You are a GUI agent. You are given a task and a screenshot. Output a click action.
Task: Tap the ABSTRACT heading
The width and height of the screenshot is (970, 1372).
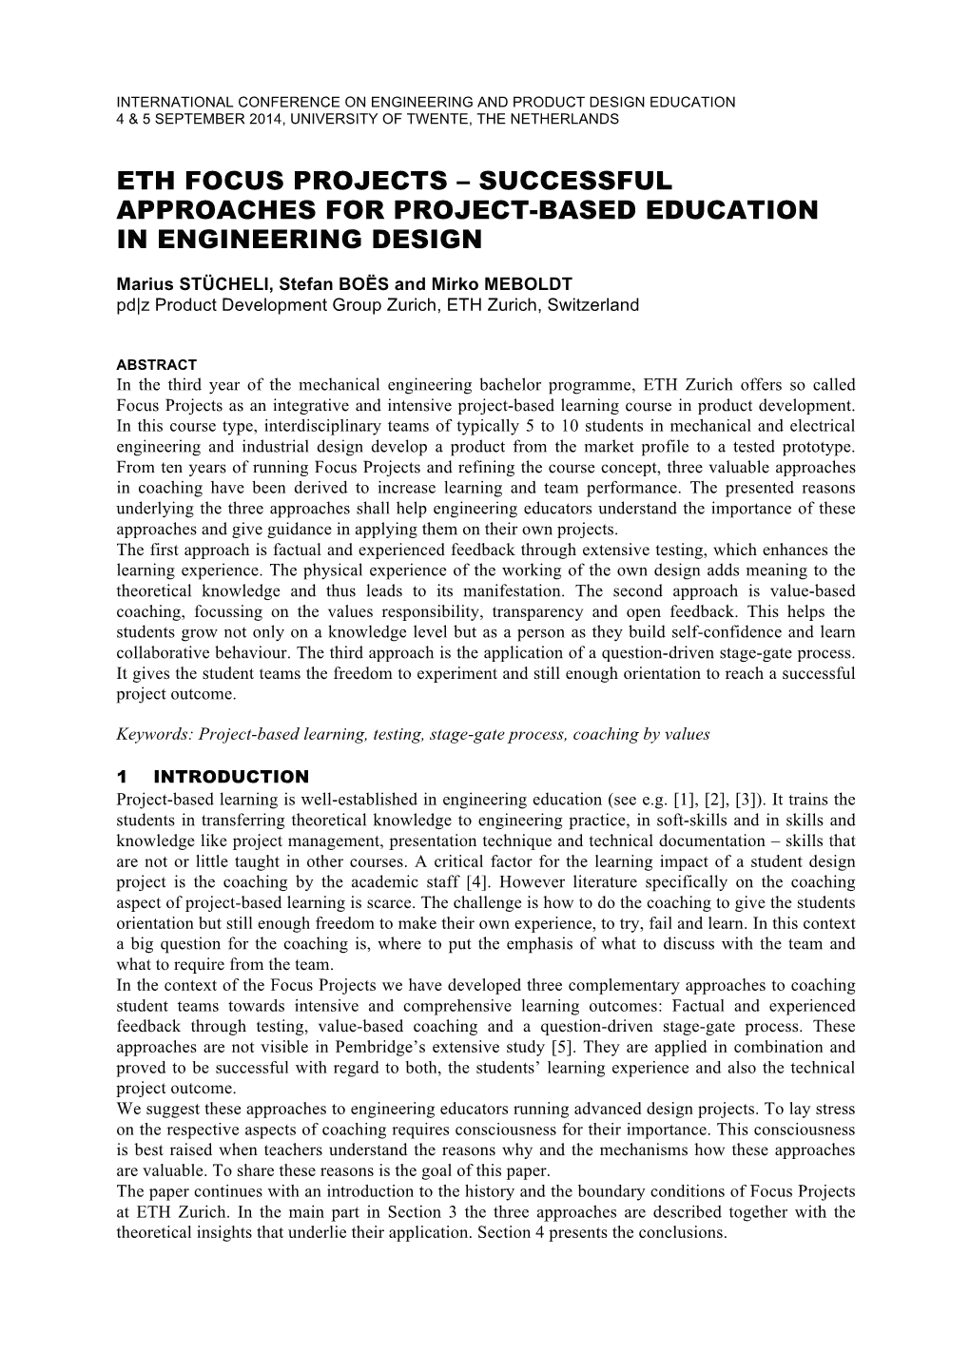156,364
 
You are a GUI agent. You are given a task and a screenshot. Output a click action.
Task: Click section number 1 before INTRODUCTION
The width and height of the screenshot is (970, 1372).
123,777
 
